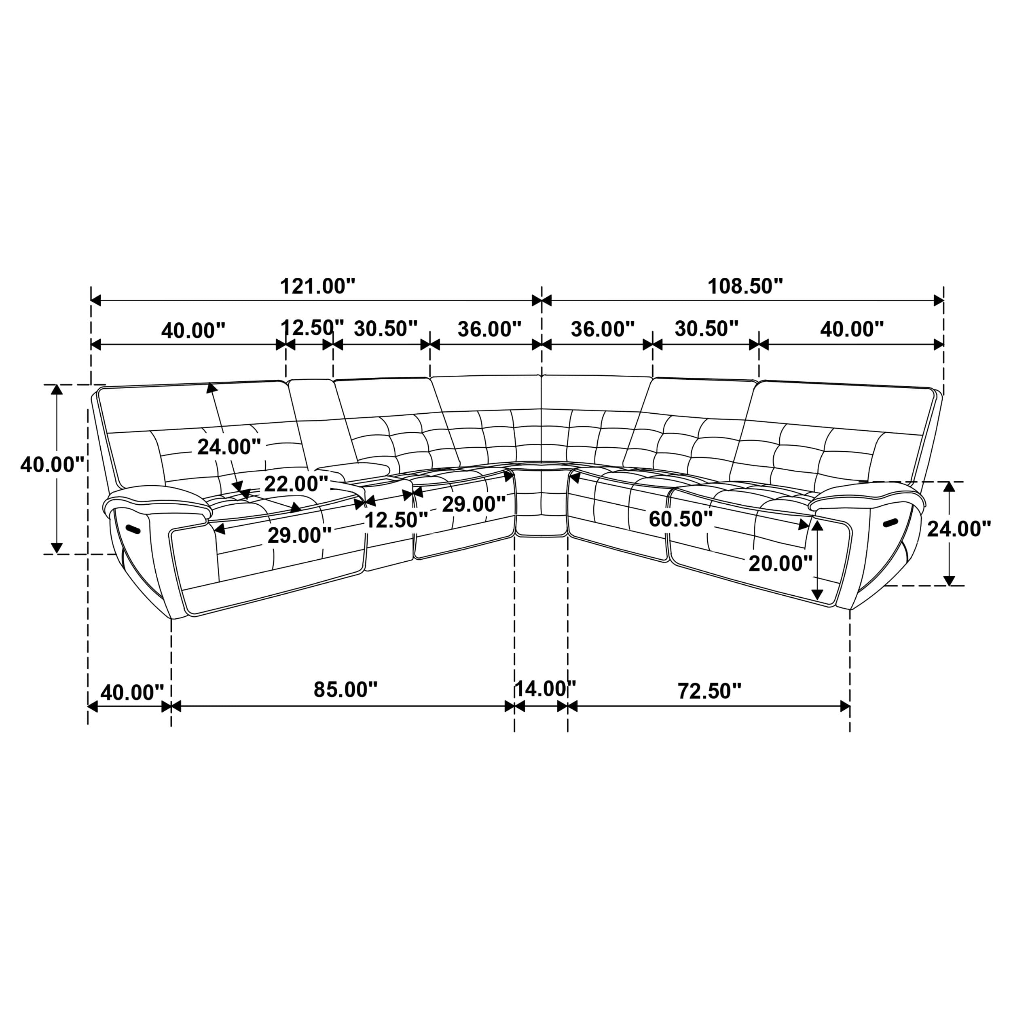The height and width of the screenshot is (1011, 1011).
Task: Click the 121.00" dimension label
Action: click(x=317, y=287)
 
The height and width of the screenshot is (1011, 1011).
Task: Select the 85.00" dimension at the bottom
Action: click(x=345, y=690)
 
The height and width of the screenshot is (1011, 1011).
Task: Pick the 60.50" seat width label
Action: click(x=680, y=519)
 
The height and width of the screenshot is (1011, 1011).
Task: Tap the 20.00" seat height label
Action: click(x=780, y=564)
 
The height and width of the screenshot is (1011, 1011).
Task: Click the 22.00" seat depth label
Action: click(x=296, y=484)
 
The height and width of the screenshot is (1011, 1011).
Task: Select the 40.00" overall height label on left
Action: click(x=52, y=465)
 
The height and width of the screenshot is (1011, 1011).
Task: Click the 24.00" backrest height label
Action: click(x=228, y=447)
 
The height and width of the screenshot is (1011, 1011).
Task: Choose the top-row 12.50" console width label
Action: click(x=312, y=328)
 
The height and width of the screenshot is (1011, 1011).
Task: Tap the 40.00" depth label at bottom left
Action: click(x=132, y=693)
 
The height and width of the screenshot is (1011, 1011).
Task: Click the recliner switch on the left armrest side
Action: click(x=133, y=529)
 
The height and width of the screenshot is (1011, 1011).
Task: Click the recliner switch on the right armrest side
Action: click(x=890, y=522)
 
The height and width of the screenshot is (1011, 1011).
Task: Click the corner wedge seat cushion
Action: click(x=541, y=502)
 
